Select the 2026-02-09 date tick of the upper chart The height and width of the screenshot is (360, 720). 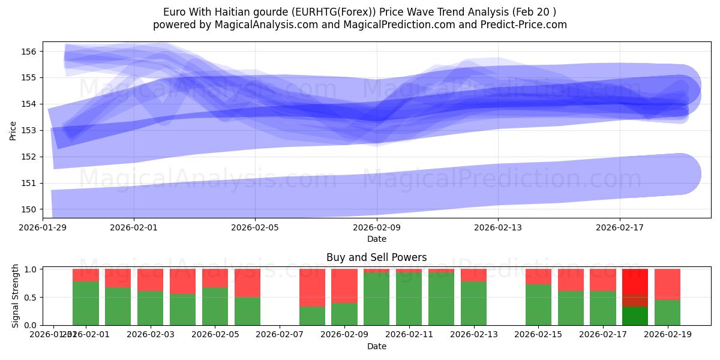[377, 228]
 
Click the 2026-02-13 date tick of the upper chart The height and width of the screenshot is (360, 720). [498, 228]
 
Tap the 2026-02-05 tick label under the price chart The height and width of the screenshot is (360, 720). [256, 228]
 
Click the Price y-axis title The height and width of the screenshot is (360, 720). [13, 130]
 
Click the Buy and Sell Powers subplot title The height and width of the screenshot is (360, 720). [377, 257]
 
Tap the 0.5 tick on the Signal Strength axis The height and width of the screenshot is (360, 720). [30, 297]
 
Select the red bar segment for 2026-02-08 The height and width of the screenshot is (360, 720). [312, 287]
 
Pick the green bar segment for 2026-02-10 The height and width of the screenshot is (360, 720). [377, 299]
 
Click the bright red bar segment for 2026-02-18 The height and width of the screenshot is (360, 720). [635, 281]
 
